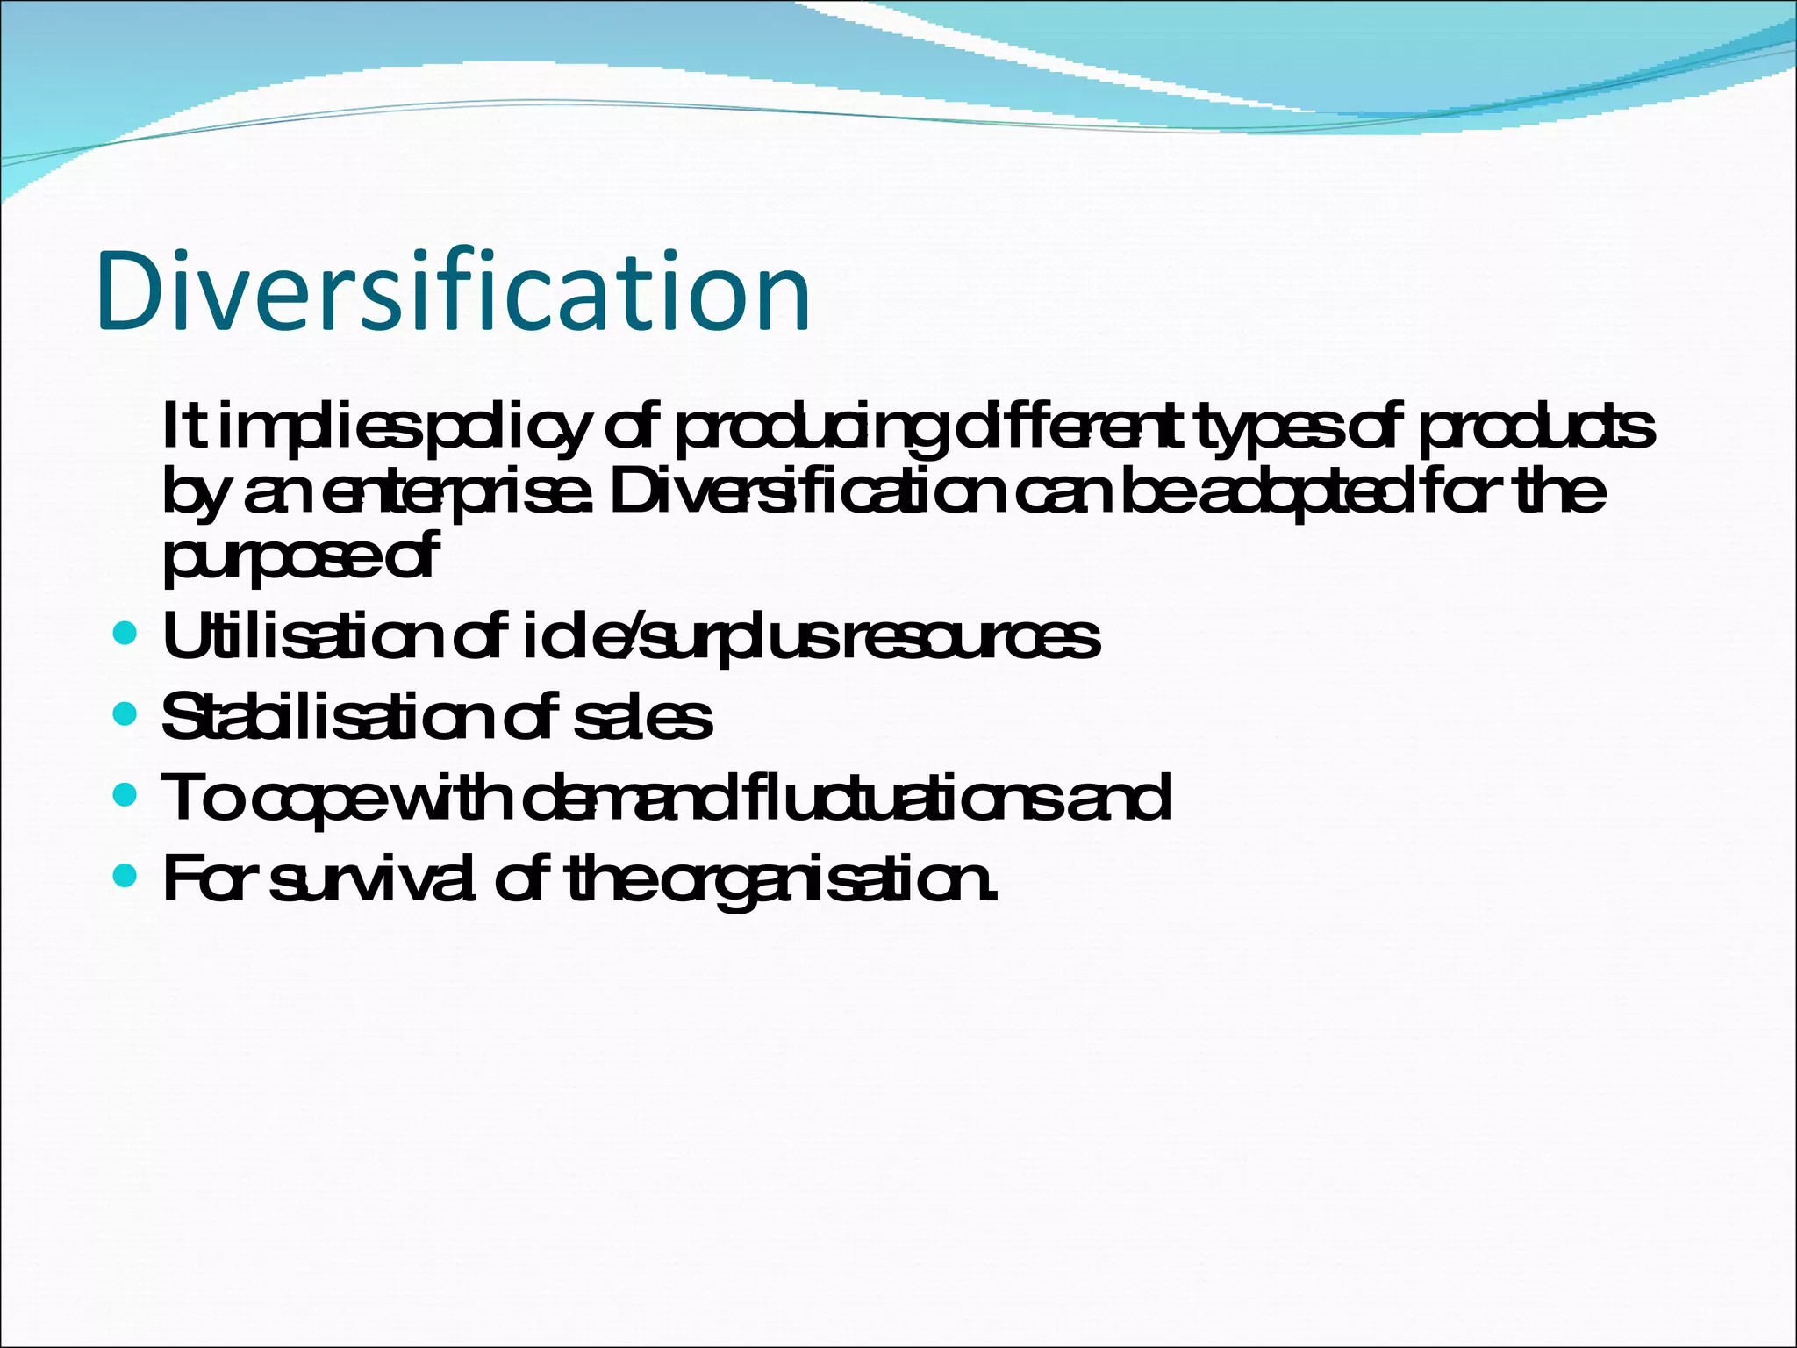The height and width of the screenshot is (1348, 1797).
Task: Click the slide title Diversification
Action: pyautogui.click(x=454, y=291)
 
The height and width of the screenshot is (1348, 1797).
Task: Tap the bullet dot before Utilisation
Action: pyautogui.click(x=126, y=633)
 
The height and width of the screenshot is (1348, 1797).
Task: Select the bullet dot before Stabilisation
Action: pyautogui.click(x=126, y=713)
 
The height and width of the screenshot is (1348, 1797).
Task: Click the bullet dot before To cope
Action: pyautogui.click(x=126, y=795)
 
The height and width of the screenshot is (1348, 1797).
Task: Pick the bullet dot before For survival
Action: pyautogui.click(x=126, y=876)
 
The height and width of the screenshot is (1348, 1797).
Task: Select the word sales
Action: pyautogui.click(x=641, y=717)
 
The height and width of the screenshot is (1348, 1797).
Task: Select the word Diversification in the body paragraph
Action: pyautogui.click(x=807, y=492)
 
